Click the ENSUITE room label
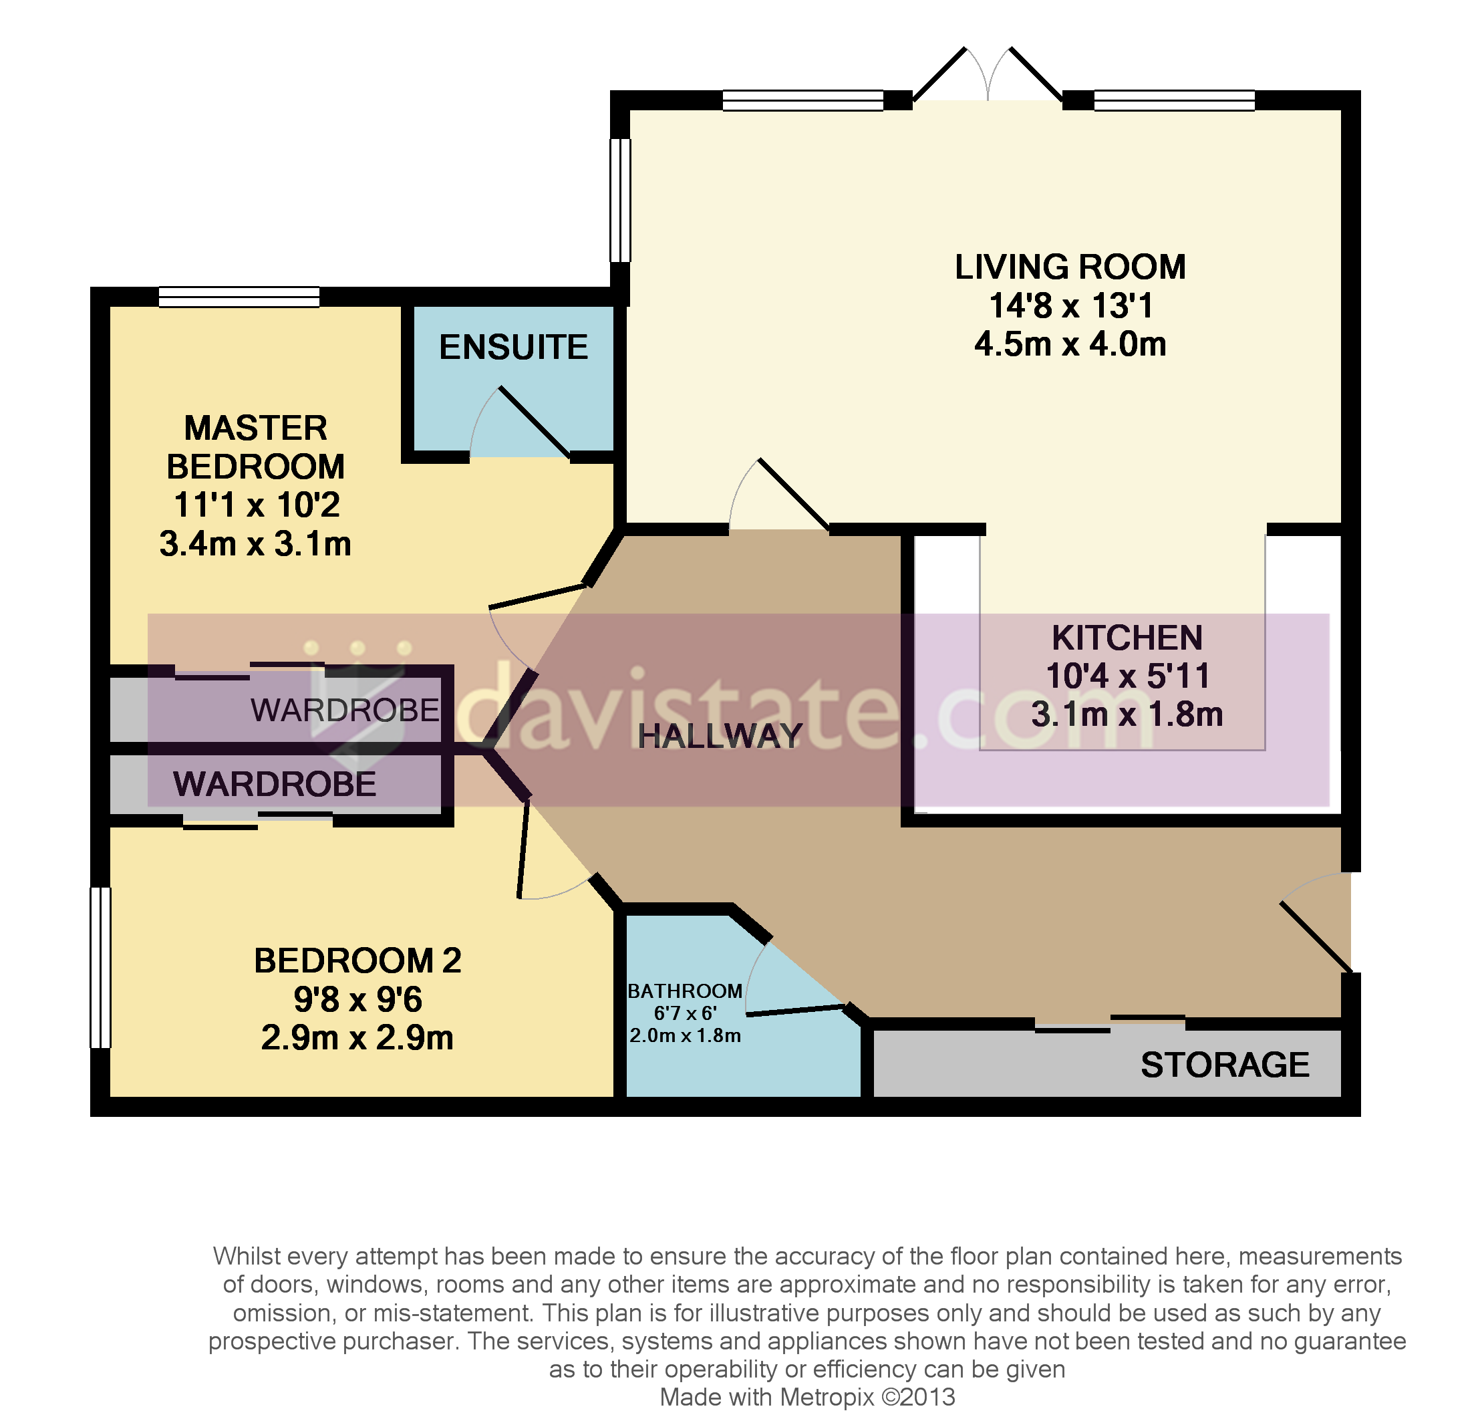pos(514,348)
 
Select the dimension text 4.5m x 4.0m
pos(1070,345)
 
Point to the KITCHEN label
pos(1127,638)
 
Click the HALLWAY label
pos(720,737)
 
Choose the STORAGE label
pos(1225,1065)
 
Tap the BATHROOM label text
pos(685,991)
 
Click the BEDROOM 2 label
pos(357,961)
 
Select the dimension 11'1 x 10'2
pos(257,505)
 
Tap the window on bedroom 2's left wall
pos(100,968)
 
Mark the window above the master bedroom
pos(239,297)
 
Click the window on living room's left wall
pos(620,200)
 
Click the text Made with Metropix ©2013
pos(807,1397)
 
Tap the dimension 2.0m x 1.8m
pos(685,1035)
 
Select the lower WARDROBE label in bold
pos(275,785)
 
